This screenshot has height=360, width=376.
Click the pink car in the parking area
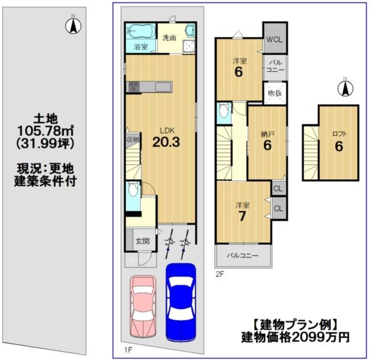tap(143, 306)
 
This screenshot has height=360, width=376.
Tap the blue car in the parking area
tap(181, 302)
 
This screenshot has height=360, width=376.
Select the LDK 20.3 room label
tap(166, 138)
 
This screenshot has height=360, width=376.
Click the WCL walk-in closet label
tap(274, 39)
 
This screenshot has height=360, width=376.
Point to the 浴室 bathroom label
tap(141, 47)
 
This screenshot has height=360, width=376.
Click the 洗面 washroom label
tap(169, 38)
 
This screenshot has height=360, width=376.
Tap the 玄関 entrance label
tap(143, 241)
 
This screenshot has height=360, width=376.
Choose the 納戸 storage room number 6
tap(268, 145)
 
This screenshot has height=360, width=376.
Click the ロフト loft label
tap(340, 133)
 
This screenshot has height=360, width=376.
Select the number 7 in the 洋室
tap(242, 217)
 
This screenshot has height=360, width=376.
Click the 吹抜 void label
tap(275, 93)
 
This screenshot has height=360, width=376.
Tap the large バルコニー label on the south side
tap(243, 255)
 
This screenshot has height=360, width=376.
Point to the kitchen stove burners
tap(134, 86)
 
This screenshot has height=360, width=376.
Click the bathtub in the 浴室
tap(140, 31)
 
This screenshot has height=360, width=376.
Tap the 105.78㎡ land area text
tap(46, 131)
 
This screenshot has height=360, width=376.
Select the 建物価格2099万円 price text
tap(295, 337)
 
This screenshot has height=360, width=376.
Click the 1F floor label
tap(128, 350)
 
